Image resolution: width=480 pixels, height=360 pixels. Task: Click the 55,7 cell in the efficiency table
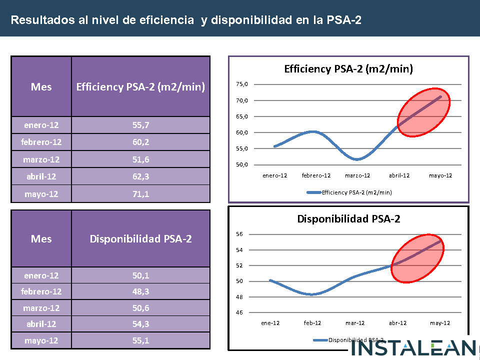coord(140,125)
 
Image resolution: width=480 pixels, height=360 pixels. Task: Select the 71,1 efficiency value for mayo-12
coord(140,194)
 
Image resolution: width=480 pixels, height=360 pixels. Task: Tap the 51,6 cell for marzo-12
coord(140,159)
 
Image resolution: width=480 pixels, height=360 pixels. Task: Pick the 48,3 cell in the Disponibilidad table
coord(140,291)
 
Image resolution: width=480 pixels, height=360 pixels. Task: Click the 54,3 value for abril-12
coord(140,324)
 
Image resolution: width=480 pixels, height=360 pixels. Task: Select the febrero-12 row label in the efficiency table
coord(41,142)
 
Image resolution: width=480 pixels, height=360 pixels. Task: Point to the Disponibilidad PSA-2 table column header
coord(140,238)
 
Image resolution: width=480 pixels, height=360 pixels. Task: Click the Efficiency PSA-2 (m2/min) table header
coord(140,86)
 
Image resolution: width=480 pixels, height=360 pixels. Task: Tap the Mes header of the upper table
coord(41,86)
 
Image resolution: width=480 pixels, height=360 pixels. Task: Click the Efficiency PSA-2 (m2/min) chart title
coord(348,69)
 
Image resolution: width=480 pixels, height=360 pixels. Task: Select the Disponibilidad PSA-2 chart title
coord(348,218)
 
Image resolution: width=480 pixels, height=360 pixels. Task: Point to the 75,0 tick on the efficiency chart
coord(241,84)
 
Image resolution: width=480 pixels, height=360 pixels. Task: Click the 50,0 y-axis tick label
coord(241,164)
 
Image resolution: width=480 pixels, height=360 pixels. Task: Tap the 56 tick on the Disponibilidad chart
coord(239,234)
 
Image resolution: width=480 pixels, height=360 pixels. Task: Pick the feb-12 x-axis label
coord(312,323)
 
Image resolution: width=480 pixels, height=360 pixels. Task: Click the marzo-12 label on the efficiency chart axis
coord(357,175)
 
